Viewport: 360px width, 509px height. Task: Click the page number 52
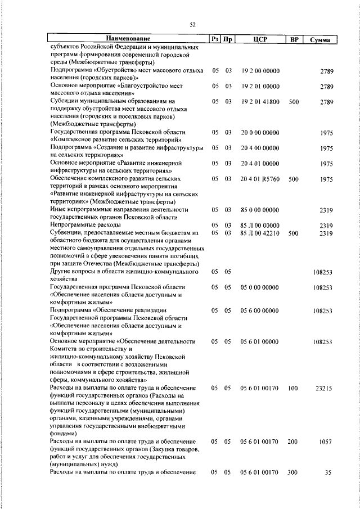click(192, 25)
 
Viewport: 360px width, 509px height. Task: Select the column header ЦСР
click(259, 39)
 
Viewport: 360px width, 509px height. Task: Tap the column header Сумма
click(320, 40)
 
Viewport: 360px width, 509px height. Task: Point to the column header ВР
click(293, 39)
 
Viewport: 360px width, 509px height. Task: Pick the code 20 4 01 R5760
click(260, 179)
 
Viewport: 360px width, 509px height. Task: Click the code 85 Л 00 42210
click(260, 233)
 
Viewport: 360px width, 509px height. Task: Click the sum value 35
click(329, 472)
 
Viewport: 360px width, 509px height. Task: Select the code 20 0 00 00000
click(260, 133)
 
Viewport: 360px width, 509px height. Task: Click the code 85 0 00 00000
click(260, 210)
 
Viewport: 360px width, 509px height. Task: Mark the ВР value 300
click(292, 472)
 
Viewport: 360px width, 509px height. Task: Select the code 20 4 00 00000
click(260, 148)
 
